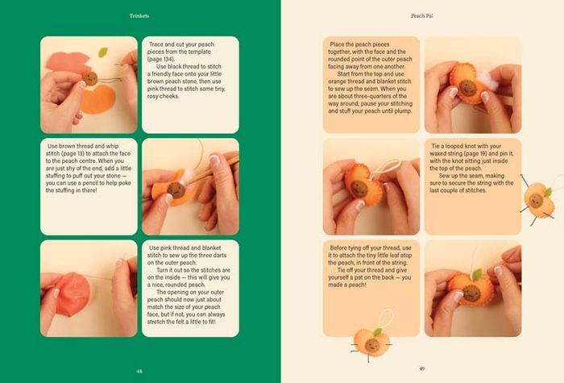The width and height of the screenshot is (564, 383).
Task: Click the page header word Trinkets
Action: pyautogui.click(x=139, y=16)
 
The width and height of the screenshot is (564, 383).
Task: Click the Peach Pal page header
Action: pyautogui.click(x=422, y=16)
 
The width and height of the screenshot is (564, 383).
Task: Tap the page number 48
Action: pyautogui.click(x=139, y=371)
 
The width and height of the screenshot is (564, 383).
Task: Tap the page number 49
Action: pyautogui.click(x=422, y=368)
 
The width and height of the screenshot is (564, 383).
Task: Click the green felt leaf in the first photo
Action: pyautogui.click(x=103, y=52)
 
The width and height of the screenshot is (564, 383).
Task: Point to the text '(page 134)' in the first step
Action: pyautogui.click(x=161, y=59)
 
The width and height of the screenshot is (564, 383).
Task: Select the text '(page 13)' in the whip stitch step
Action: pyautogui.click(x=72, y=153)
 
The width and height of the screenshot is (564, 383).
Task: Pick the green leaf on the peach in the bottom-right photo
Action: pyautogui.click(x=477, y=274)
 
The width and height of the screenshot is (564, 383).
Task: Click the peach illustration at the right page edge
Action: pyautogui.click(x=539, y=200)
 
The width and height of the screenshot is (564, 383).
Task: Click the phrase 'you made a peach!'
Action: pyautogui.click(x=369, y=281)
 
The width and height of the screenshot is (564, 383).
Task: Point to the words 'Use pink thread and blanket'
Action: pyautogui.click(x=185, y=248)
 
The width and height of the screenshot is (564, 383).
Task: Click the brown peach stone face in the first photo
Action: pyautogui.click(x=90, y=78)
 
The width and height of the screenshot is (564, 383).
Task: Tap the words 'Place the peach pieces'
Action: pyautogui.click(x=359, y=44)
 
